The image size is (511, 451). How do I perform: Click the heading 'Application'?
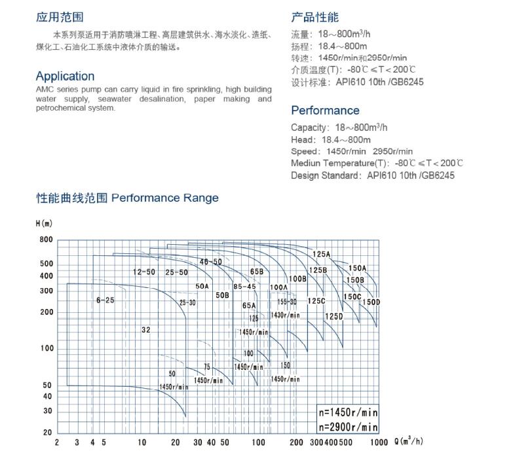(65, 76)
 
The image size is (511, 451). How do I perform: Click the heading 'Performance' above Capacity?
(325, 111)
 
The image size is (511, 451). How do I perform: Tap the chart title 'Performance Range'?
(165, 198)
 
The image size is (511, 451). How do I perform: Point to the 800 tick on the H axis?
(46, 240)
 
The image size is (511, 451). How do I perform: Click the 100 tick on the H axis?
(47, 348)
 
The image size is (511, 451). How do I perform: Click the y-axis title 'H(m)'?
(43, 223)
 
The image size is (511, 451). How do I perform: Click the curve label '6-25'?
(105, 300)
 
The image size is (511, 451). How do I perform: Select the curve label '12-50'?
(143, 272)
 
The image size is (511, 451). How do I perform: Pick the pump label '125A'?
(321, 254)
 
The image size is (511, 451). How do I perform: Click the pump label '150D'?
(371, 302)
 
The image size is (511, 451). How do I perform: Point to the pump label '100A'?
(278, 287)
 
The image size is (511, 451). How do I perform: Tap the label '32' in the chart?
(145, 330)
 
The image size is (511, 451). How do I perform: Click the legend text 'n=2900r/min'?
(348, 427)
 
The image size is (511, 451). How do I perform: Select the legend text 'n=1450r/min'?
(348, 413)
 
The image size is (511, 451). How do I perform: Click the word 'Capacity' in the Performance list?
(309, 128)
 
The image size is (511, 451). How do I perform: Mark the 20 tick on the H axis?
(48, 433)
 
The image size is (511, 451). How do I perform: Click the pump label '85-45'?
(244, 286)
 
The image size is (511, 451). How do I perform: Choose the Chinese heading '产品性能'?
(315, 18)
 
